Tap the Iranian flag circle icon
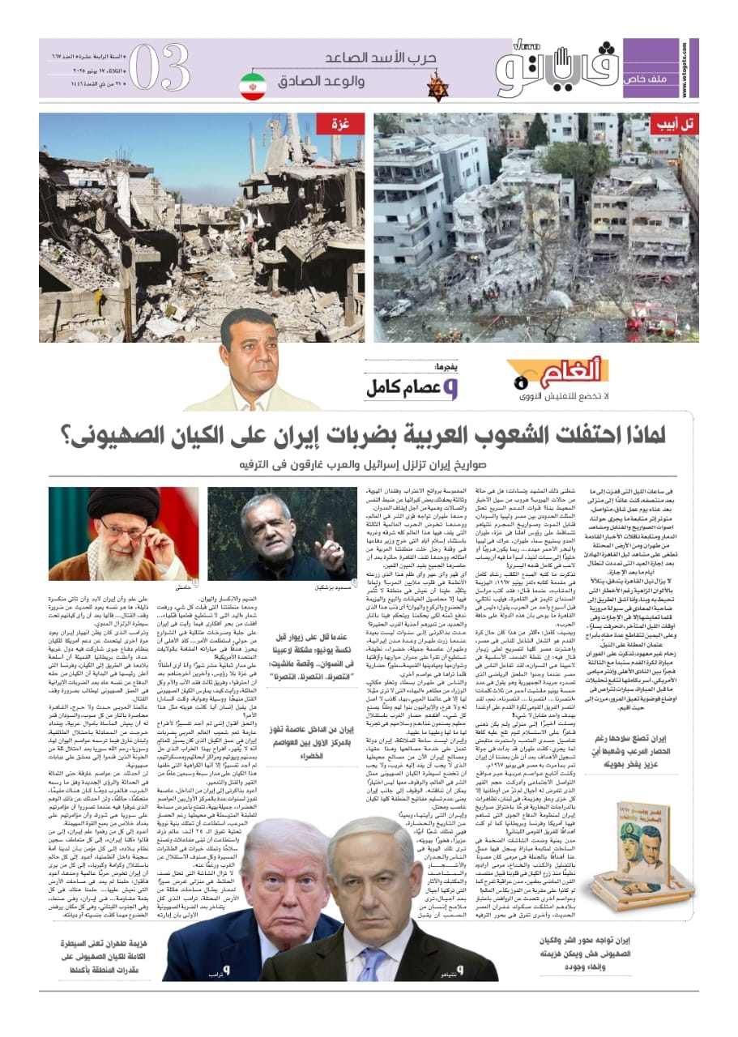point(253,86)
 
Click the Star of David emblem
point(438,86)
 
